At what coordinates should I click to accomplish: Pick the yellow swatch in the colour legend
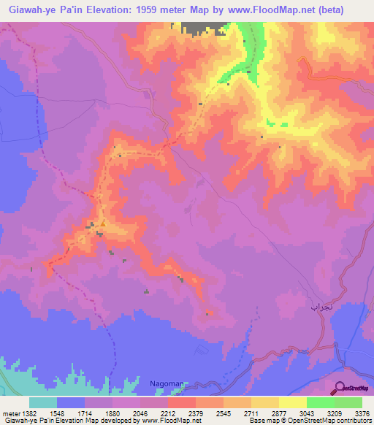(x=293, y=402)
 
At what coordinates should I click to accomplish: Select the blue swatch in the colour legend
(x=71, y=402)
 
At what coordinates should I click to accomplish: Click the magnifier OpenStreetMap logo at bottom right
(x=350, y=388)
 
